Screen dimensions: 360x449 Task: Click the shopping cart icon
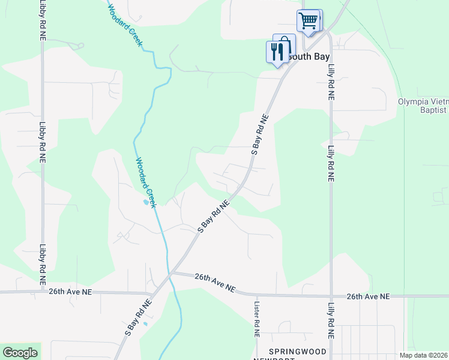point(309,21)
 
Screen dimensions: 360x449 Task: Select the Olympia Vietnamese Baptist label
point(423,106)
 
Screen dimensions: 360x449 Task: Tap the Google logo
point(20,353)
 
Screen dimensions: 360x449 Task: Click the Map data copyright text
point(424,355)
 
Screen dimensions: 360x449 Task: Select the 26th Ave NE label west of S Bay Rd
point(70,292)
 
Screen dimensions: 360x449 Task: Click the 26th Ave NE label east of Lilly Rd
point(368,296)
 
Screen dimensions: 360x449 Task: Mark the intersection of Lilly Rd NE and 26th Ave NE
point(331,296)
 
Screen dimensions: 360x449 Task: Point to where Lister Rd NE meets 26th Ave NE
point(256,295)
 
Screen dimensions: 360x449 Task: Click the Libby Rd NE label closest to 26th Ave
point(42,264)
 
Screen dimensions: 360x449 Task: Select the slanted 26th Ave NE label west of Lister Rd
point(215,281)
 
